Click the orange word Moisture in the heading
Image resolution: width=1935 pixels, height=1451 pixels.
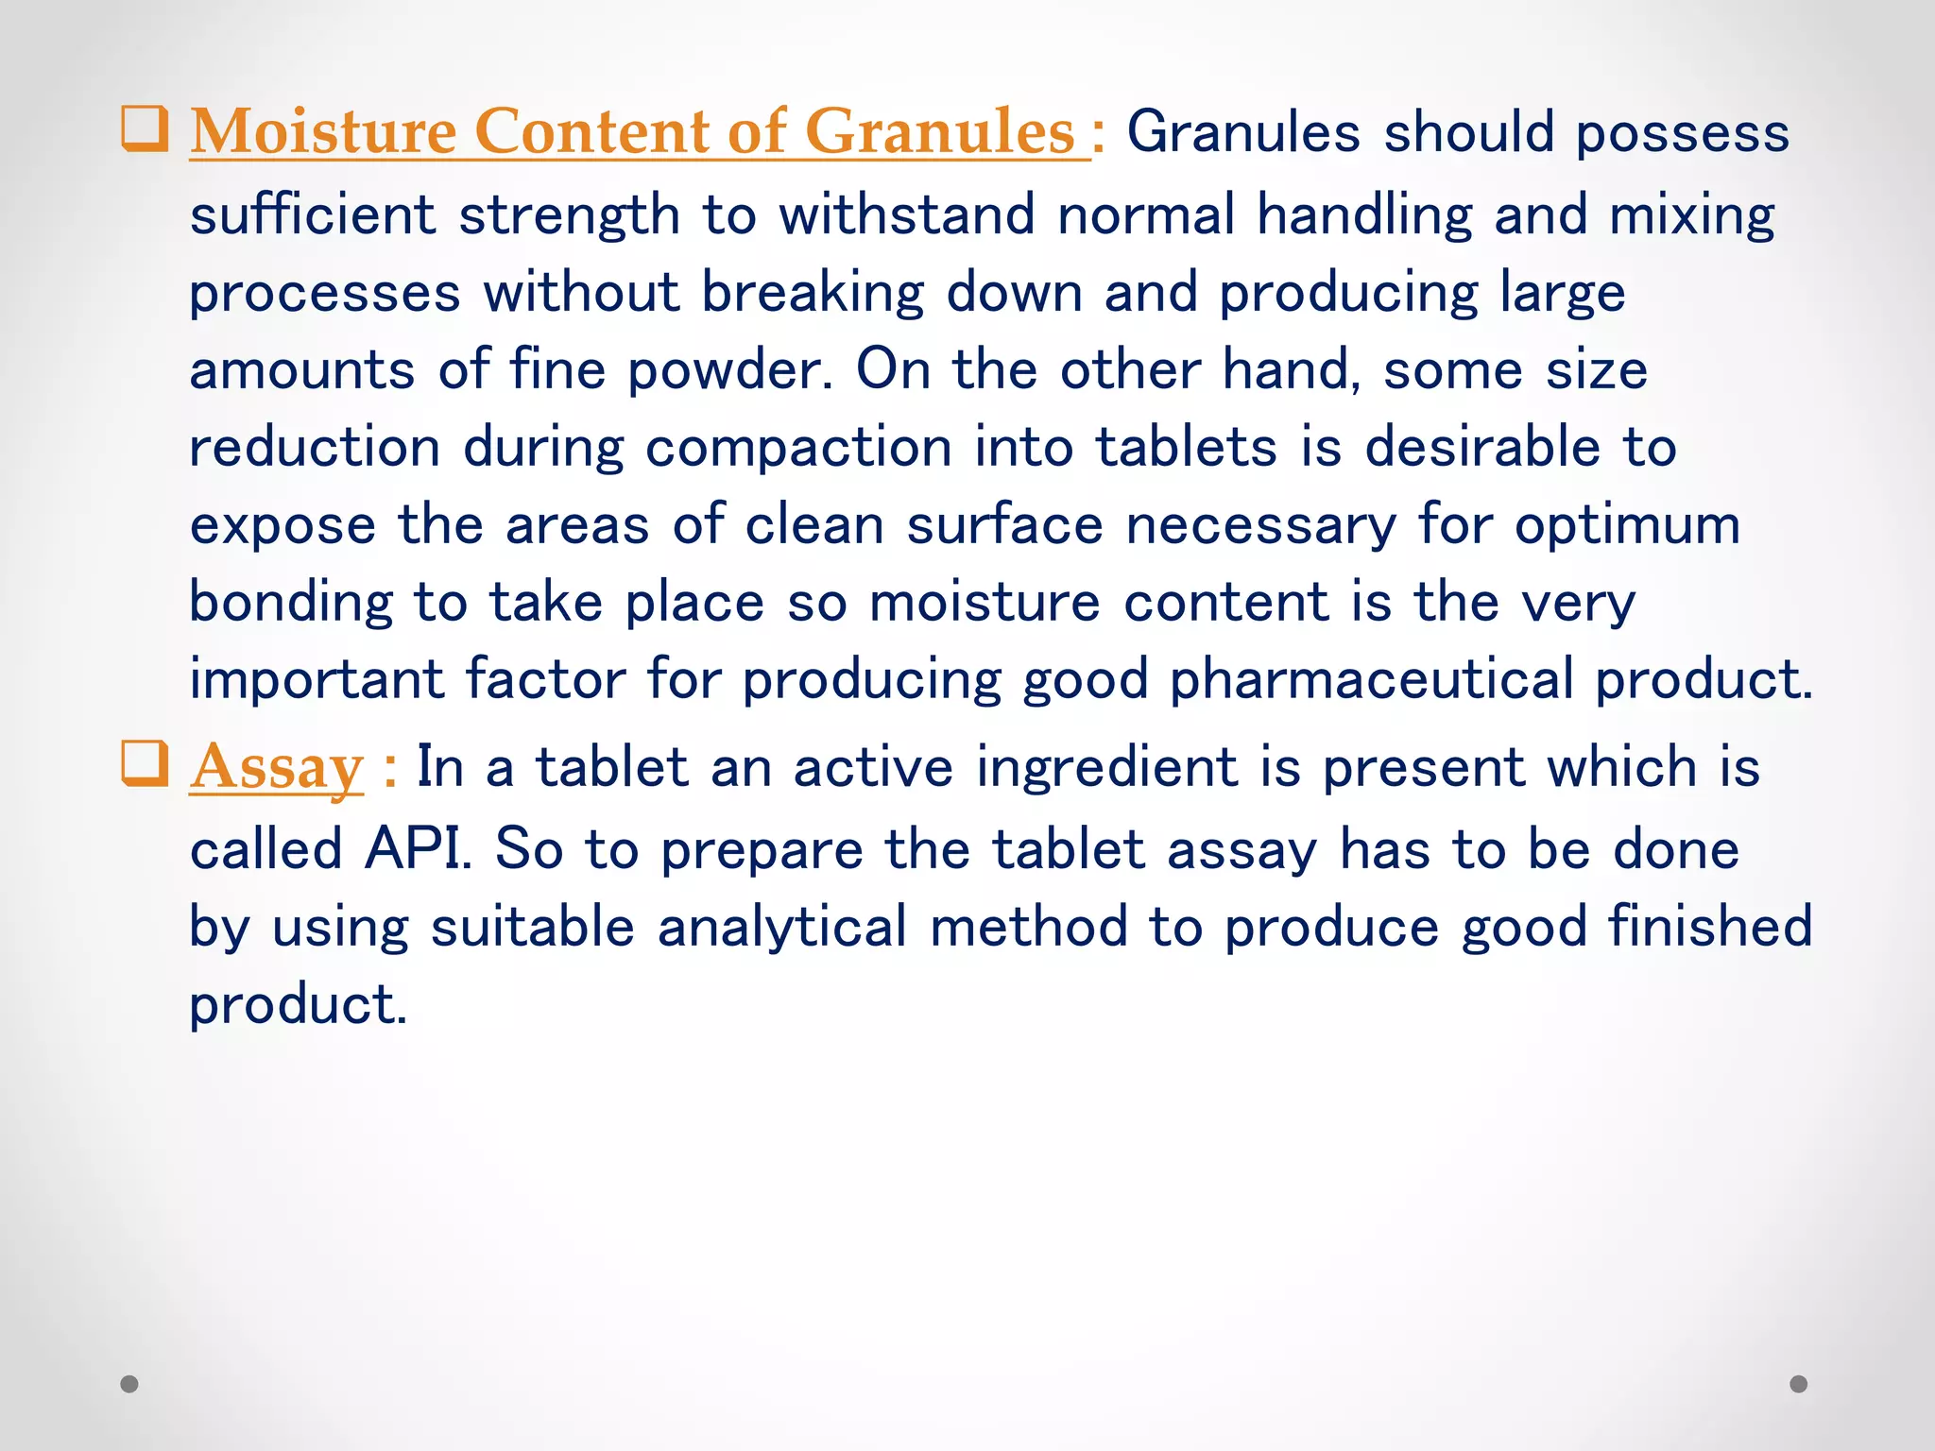click(323, 131)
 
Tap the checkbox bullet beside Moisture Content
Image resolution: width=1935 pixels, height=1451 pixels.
click(145, 129)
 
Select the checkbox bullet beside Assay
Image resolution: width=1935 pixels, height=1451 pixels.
click(145, 764)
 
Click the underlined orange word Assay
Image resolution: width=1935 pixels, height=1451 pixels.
click(276, 767)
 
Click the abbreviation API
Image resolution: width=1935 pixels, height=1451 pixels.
click(417, 848)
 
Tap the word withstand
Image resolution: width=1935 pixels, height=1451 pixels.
click(906, 214)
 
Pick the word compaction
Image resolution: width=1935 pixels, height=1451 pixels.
click(798, 447)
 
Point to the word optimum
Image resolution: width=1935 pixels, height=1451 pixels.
click(1627, 525)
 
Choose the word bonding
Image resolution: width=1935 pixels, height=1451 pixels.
click(290, 603)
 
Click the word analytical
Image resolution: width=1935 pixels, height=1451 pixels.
click(782, 927)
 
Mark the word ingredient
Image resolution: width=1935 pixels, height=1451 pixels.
click(1106, 766)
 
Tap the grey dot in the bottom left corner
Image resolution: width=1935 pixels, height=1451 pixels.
click(129, 1384)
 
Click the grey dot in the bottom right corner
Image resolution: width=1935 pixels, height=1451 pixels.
click(1799, 1384)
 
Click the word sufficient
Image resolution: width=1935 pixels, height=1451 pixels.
click(313, 214)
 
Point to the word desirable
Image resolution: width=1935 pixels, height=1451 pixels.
click(1482, 447)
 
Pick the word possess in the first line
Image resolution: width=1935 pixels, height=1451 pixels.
click(1682, 133)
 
